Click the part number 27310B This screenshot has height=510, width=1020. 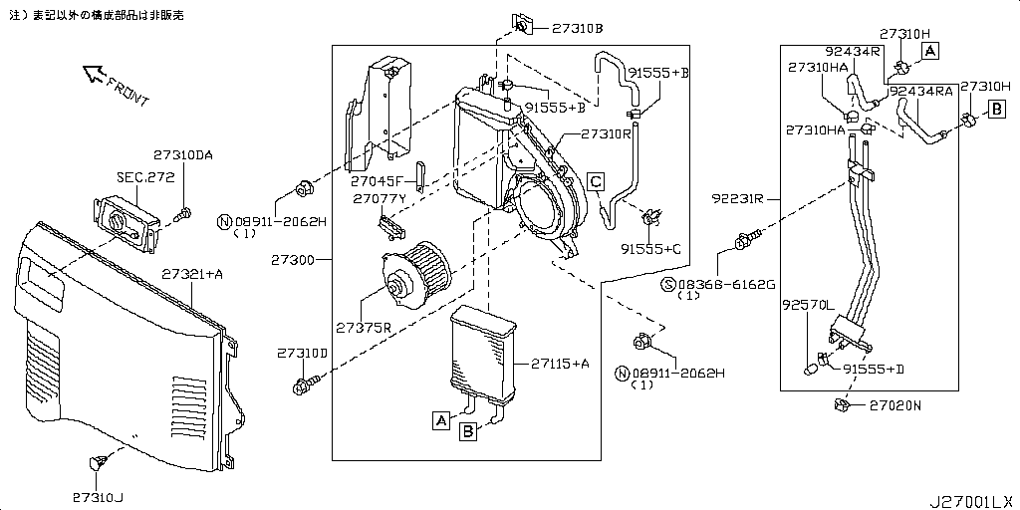point(573,29)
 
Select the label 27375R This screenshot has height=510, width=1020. point(363,327)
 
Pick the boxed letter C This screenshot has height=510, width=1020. point(594,180)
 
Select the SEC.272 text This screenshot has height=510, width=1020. point(145,177)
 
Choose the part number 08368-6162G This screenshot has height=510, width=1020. point(724,284)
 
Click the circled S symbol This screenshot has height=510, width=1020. point(669,284)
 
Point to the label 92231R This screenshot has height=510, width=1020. point(738,198)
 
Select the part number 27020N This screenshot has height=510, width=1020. point(895,405)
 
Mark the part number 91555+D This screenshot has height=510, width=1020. point(874,370)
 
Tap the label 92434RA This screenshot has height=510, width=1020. point(921,91)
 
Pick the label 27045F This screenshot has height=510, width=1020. point(376,181)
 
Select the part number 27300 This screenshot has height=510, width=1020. point(292,260)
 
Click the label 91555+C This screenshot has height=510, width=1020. point(649,248)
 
